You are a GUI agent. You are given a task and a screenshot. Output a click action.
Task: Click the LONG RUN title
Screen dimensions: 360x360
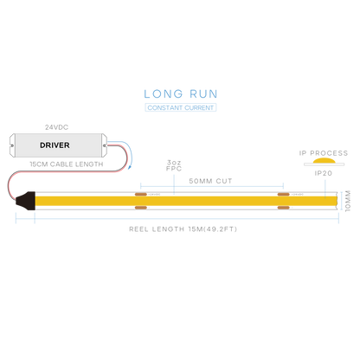pyautogui.click(x=181, y=94)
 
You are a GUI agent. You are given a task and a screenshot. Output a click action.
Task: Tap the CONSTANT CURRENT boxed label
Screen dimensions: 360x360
pyautogui.click(x=181, y=107)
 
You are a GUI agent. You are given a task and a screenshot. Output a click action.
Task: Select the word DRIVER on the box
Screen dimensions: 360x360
pyautogui.click(x=55, y=145)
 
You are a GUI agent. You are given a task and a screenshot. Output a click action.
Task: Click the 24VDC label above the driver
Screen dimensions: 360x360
pyautogui.click(x=56, y=127)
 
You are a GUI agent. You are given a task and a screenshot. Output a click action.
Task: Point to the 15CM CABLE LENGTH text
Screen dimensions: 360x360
pyautogui.click(x=67, y=164)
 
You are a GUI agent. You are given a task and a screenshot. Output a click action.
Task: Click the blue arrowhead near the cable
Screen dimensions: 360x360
pyautogui.click(x=130, y=167)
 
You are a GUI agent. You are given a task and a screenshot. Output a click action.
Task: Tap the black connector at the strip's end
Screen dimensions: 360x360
pyautogui.click(x=25, y=201)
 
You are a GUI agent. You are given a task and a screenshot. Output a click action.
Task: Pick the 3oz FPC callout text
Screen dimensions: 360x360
pyautogui.click(x=174, y=165)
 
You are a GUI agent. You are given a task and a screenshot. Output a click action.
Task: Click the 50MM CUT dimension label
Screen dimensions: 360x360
pyautogui.click(x=210, y=181)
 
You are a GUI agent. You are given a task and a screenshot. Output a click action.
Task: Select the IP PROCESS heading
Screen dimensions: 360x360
pyautogui.click(x=324, y=153)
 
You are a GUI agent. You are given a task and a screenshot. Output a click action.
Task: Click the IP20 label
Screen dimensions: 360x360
pyautogui.click(x=324, y=173)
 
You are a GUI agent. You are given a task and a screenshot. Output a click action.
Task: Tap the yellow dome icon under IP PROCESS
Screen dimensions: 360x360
pyautogui.click(x=325, y=161)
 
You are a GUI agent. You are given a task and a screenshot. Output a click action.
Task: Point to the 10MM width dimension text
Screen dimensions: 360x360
pyautogui.click(x=348, y=201)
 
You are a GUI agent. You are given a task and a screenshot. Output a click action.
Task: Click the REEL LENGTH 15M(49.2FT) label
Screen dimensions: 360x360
pyautogui.click(x=183, y=229)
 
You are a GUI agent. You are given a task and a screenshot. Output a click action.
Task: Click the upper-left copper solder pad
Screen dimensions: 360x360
pyautogui.click(x=141, y=195)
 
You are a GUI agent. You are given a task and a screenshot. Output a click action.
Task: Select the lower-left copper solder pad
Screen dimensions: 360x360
pyautogui.click(x=141, y=208)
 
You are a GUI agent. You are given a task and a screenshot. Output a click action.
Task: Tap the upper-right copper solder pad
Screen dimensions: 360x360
pyautogui.click(x=283, y=195)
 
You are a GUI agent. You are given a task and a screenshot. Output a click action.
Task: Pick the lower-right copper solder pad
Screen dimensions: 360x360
pyautogui.click(x=283, y=208)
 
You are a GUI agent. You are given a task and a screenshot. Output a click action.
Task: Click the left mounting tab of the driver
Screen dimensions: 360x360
pyautogui.click(x=12, y=145)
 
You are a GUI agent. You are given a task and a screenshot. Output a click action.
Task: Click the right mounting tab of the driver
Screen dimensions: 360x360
pyautogui.click(x=105, y=145)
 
